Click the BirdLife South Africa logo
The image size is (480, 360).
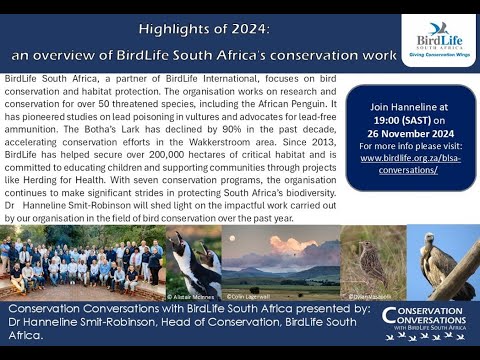pos(438,40)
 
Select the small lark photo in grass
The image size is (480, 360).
pos(373,262)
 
